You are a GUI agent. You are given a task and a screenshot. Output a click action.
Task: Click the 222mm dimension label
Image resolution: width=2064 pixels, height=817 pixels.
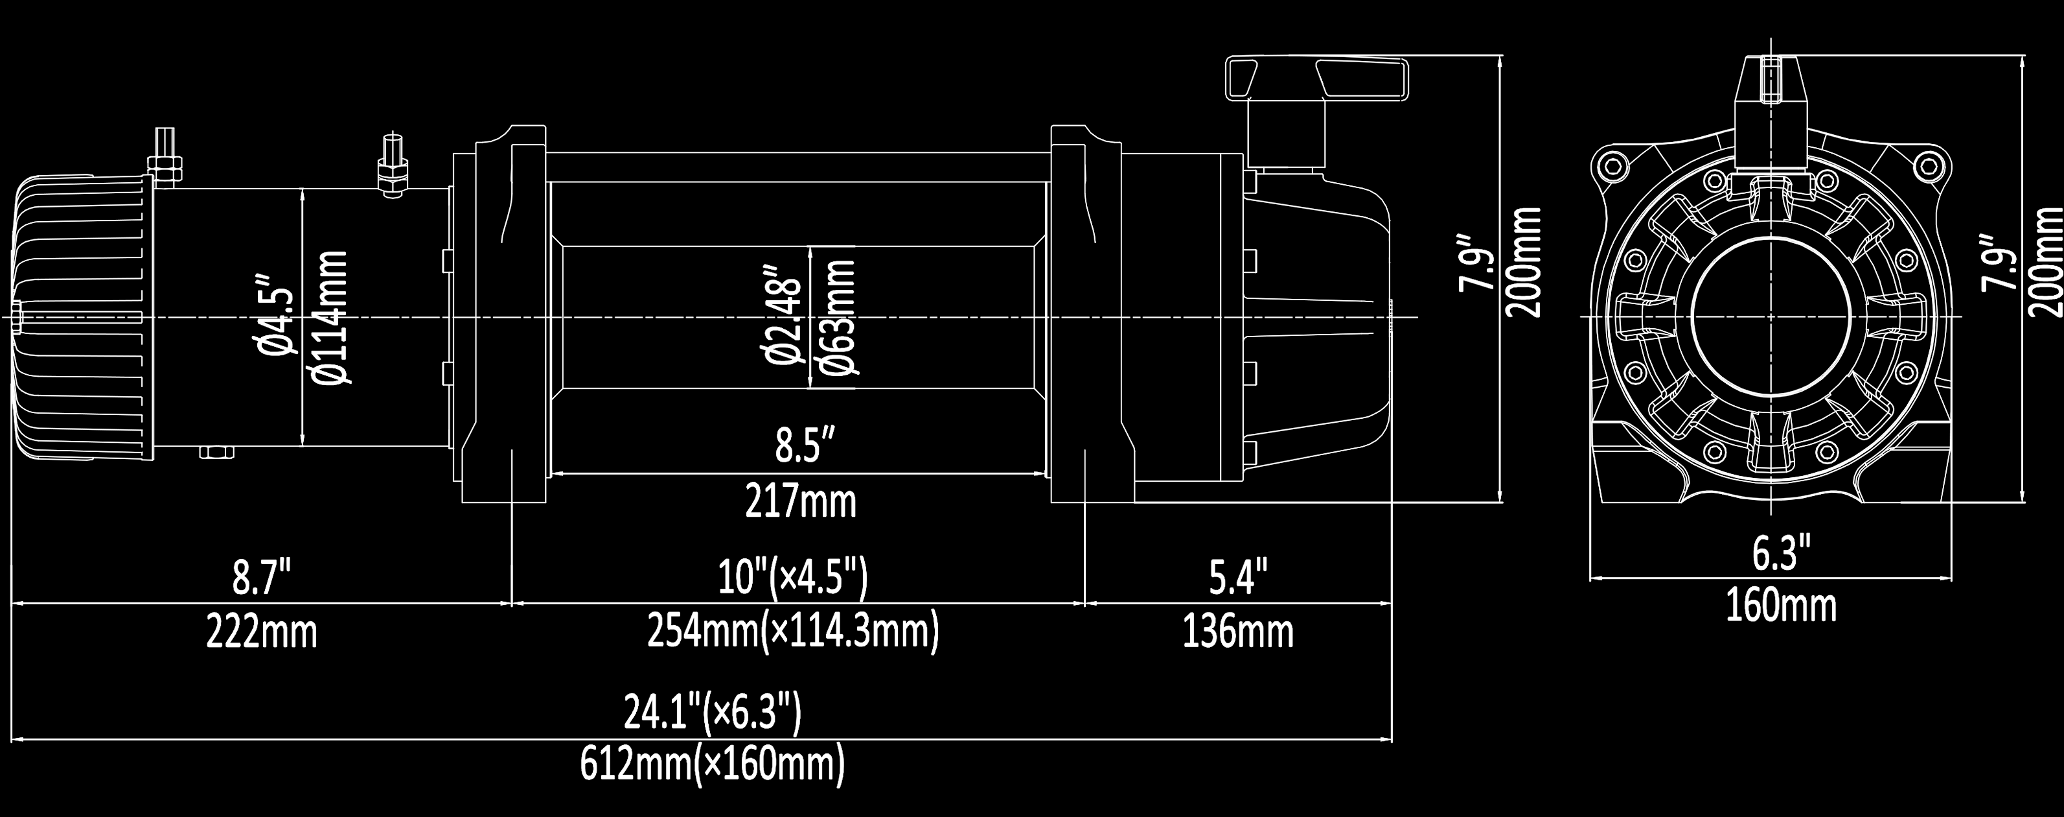point(262,633)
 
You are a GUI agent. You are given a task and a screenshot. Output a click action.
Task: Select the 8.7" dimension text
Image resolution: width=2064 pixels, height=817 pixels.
point(262,578)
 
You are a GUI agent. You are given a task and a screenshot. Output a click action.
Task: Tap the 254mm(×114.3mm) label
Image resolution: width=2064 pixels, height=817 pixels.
point(792,633)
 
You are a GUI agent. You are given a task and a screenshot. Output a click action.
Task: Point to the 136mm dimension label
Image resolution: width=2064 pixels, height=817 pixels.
point(1238,633)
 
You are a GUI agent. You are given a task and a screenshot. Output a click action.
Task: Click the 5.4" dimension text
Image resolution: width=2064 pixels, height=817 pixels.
point(1238,578)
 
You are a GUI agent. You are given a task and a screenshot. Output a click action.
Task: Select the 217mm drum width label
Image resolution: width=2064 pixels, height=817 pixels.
point(801,502)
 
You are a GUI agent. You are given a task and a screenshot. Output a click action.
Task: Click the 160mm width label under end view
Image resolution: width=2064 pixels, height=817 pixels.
point(1780,606)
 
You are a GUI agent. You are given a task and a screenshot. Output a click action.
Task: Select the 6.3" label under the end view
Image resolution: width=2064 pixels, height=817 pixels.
point(1780,554)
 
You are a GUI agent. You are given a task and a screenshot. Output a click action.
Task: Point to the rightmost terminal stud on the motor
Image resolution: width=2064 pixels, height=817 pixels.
point(393,169)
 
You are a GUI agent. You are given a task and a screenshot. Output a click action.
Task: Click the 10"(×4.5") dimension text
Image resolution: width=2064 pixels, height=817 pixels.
point(792,578)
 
